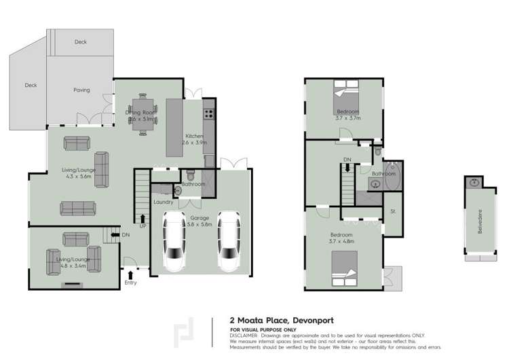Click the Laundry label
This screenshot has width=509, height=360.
coord(164,202)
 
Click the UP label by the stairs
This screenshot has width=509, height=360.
coord(143,226)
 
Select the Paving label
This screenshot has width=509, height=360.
coord(81,90)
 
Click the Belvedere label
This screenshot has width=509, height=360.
coord(480,221)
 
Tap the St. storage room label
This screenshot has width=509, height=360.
coord(392,212)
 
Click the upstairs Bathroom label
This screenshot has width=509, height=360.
coord(383,174)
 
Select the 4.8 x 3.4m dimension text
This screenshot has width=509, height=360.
coord(75,266)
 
